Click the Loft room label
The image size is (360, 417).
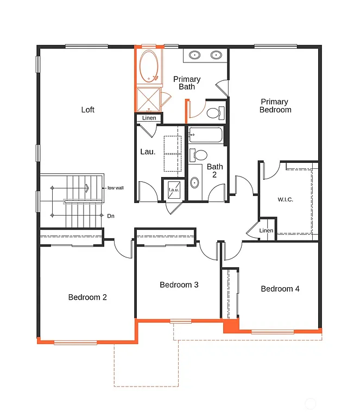(87, 110)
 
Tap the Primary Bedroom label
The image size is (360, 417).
(275, 105)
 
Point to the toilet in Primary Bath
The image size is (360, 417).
(214, 113)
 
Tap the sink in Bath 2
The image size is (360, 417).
(195, 182)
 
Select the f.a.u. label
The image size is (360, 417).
(174, 190)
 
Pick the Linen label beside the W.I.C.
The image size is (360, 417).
(267, 231)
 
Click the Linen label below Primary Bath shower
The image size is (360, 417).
(149, 118)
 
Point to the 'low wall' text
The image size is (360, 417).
(115, 188)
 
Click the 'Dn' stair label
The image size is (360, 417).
(111, 216)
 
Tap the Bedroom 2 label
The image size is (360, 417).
(87, 297)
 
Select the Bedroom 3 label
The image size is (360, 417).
(179, 285)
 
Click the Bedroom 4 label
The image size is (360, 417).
(280, 289)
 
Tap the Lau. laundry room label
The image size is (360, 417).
(148, 152)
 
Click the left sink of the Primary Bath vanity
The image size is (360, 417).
(194, 55)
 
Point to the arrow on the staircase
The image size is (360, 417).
(86, 188)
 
